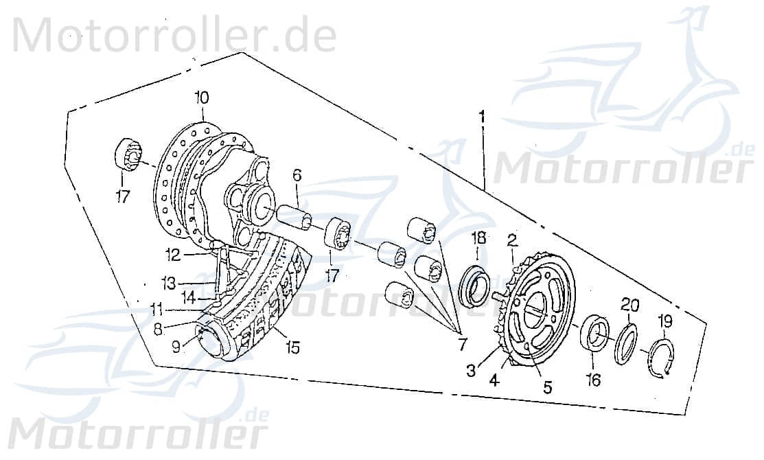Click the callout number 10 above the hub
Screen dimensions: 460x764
(200, 97)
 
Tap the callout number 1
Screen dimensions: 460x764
(483, 117)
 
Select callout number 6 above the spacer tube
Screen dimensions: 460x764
(297, 176)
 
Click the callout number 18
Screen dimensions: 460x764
(479, 238)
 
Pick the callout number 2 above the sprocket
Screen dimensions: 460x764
(511, 240)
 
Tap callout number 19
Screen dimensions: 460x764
(664, 321)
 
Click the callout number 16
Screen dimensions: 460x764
(594, 379)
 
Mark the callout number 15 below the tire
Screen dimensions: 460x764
(293, 349)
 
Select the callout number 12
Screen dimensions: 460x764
(172, 255)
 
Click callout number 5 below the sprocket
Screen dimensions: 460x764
(547, 387)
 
